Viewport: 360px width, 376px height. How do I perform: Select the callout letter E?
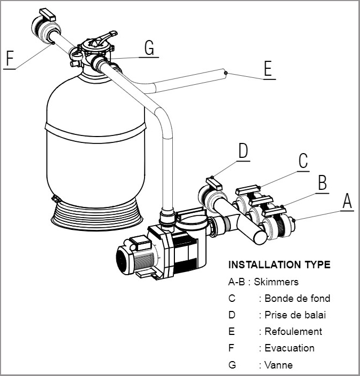click(268, 69)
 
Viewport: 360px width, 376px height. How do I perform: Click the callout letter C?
click(303, 161)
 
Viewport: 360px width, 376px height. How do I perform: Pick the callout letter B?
click(322, 182)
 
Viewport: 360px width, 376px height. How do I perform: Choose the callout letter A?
click(347, 201)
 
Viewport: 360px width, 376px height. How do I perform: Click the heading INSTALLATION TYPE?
click(279, 265)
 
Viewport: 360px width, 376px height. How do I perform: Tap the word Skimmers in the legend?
click(276, 282)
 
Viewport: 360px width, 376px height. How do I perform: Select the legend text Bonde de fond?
click(297, 298)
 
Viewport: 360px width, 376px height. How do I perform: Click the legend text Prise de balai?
click(295, 315)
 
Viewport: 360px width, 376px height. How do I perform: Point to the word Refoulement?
click(293, 331)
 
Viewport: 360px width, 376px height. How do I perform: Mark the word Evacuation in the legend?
click(290, 348)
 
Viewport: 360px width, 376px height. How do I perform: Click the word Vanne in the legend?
click(278, 365)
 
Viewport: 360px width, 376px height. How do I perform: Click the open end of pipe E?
click(226, 72)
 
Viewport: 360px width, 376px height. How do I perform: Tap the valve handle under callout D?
click(213, 183)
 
